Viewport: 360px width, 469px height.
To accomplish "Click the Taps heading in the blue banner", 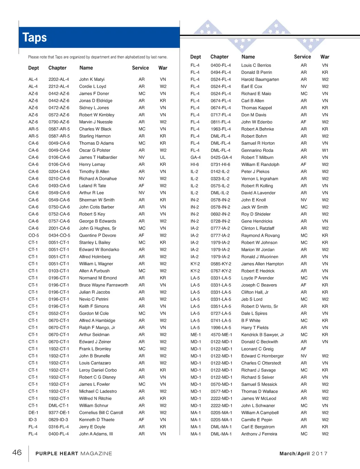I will pyautogui.click(x=34, y=38).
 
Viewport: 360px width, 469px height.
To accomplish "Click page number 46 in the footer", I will pyautogui.click(x=17, y=452).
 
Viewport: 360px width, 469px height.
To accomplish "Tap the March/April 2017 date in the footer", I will pyautogui.click(x=303, y=454).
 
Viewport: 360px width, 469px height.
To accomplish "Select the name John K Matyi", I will pyautogui.click(x=92, y=79).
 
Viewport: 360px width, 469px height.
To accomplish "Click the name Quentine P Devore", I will pyautogui.click(x=97, y=236).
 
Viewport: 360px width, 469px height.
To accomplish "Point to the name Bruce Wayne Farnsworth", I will pyautogui.click(x=103, y=285).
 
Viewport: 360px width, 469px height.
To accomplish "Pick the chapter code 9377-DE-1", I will pyautogui.click(x=59, y=413).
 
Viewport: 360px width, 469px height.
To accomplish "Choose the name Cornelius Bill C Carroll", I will pyautogui.click(x=101, y=413).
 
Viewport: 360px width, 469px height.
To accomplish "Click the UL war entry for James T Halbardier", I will pyautogui.click(x=163, y=158).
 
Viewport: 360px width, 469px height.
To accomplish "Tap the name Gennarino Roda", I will pyautogui.click(x=257, y=150).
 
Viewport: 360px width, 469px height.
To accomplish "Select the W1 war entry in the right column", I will pyautogui.click(x=325, y=150).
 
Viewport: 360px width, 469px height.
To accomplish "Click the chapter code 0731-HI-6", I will pyautogui.click(x=220, y=165).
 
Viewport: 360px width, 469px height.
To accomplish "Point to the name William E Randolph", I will pyautogui.click(x=260, y=165).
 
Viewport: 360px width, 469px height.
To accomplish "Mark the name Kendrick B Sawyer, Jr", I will pyautogui.click(x=262, y=335).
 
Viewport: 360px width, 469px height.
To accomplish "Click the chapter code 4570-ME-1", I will pyautogui.click(x=221, y=335).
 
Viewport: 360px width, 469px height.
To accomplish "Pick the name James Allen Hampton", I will pyautogui.click(x=262, y=264).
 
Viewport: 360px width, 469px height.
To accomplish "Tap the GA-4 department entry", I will pyautogui.click(x=195, y=158).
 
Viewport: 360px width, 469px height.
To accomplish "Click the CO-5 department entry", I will pyautogui.click(x=34, y=236).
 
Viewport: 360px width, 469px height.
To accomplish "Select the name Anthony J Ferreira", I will pyautogui.click(x=259, y=434).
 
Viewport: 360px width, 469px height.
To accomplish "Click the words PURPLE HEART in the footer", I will pyautogui.click(x=57, y=454).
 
